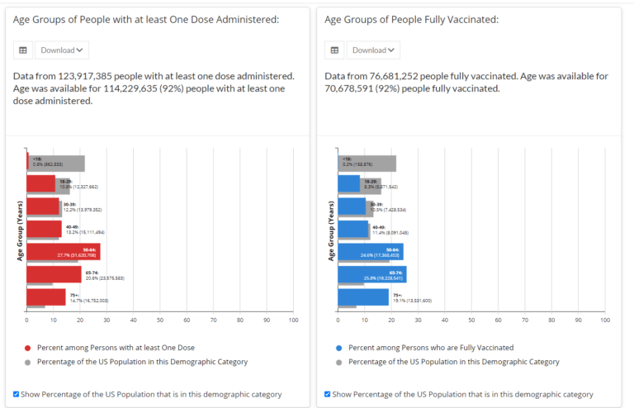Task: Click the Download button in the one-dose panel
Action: coord(62,50)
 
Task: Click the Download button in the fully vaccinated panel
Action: coord(373,50)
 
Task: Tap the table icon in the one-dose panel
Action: coord(23,50)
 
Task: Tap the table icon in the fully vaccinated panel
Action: coord(334,50)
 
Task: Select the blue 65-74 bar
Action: coord(371,274)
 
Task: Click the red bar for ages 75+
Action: coord(45,297)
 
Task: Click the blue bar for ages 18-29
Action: coord(348,184)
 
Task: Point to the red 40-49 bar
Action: coord(44,229)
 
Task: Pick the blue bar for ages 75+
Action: coord(362,297)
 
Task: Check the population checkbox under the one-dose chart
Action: coord(17,394)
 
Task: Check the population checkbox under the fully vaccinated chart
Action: coord(328,394)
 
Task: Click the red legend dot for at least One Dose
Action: coord(27,348)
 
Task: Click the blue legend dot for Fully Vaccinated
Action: coord(338,348)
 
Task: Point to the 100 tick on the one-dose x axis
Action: coord(293,320)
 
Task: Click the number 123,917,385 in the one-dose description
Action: coord(93,76)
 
